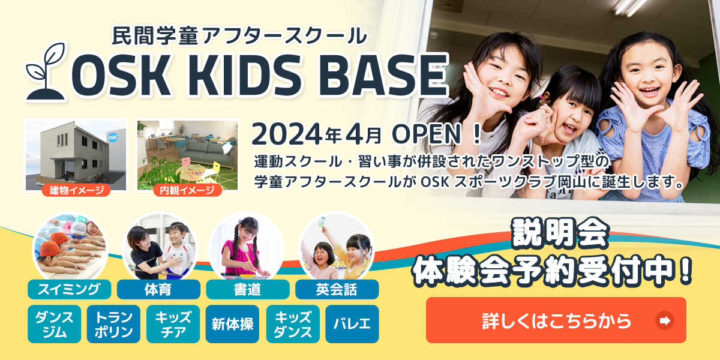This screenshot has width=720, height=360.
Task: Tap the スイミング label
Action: click(70, 289)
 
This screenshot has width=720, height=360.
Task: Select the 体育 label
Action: click(158, 289)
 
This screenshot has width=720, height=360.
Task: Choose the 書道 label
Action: click(247, 289)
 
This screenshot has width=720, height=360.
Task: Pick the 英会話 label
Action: click(337, 289)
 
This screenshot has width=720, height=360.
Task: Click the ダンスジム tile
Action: click(55, 324)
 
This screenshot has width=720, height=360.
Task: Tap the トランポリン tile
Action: click(113, 324)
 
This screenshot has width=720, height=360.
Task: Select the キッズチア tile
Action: click(173, 324)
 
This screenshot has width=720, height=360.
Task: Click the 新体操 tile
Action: click(232, 324)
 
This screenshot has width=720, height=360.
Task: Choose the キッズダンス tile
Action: click(293, 324)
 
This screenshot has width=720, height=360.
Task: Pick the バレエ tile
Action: click(352, 324)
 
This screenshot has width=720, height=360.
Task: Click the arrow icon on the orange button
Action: click(664, 320)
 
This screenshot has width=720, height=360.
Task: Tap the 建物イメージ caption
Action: click(76, 190)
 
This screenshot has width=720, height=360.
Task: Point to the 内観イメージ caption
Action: click(187, 190)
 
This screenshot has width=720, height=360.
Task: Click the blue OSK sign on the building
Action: click(112, 137)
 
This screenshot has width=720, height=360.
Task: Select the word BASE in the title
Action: click(383, 76)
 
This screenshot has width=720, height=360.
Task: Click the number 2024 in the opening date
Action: click(287, 134)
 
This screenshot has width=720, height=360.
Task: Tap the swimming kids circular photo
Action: click(70, 247)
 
